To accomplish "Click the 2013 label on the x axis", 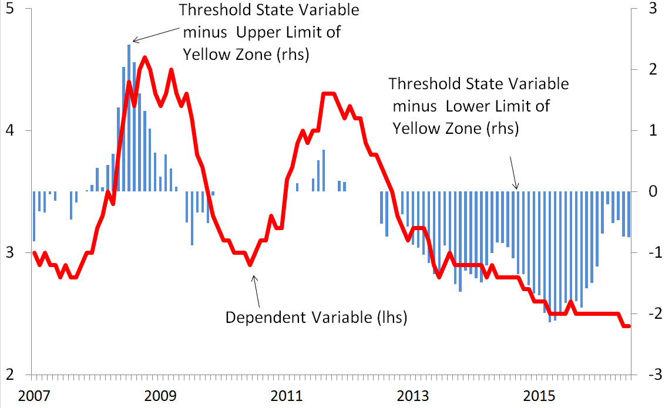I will pos(412,394).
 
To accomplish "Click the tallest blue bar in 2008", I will pos(129,117).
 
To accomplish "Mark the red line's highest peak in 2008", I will pos(145,58).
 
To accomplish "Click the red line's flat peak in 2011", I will pos(328,93).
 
